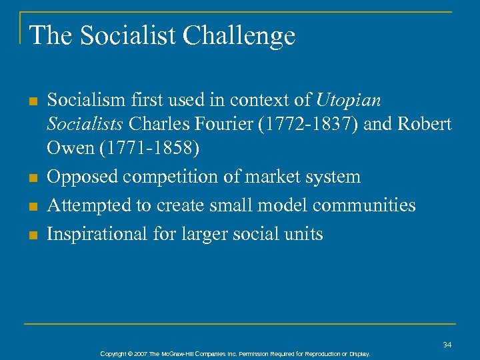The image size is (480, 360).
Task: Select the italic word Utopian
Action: tap(348, 101)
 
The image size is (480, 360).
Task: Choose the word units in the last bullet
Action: tap(302, 234)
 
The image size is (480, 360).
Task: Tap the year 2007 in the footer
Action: tap(140, 354)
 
